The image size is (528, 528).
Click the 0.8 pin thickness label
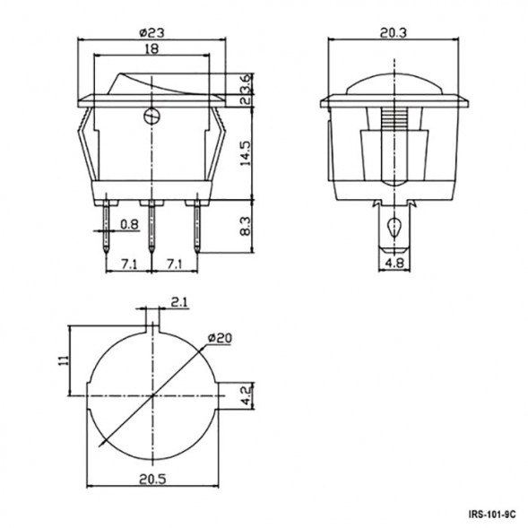pyautogui.click(x=130, y=224)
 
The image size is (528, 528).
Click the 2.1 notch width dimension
pyautogui.click(x=178, y=303)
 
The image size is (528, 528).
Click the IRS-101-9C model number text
pyautogui.click(x=491, y=515)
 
